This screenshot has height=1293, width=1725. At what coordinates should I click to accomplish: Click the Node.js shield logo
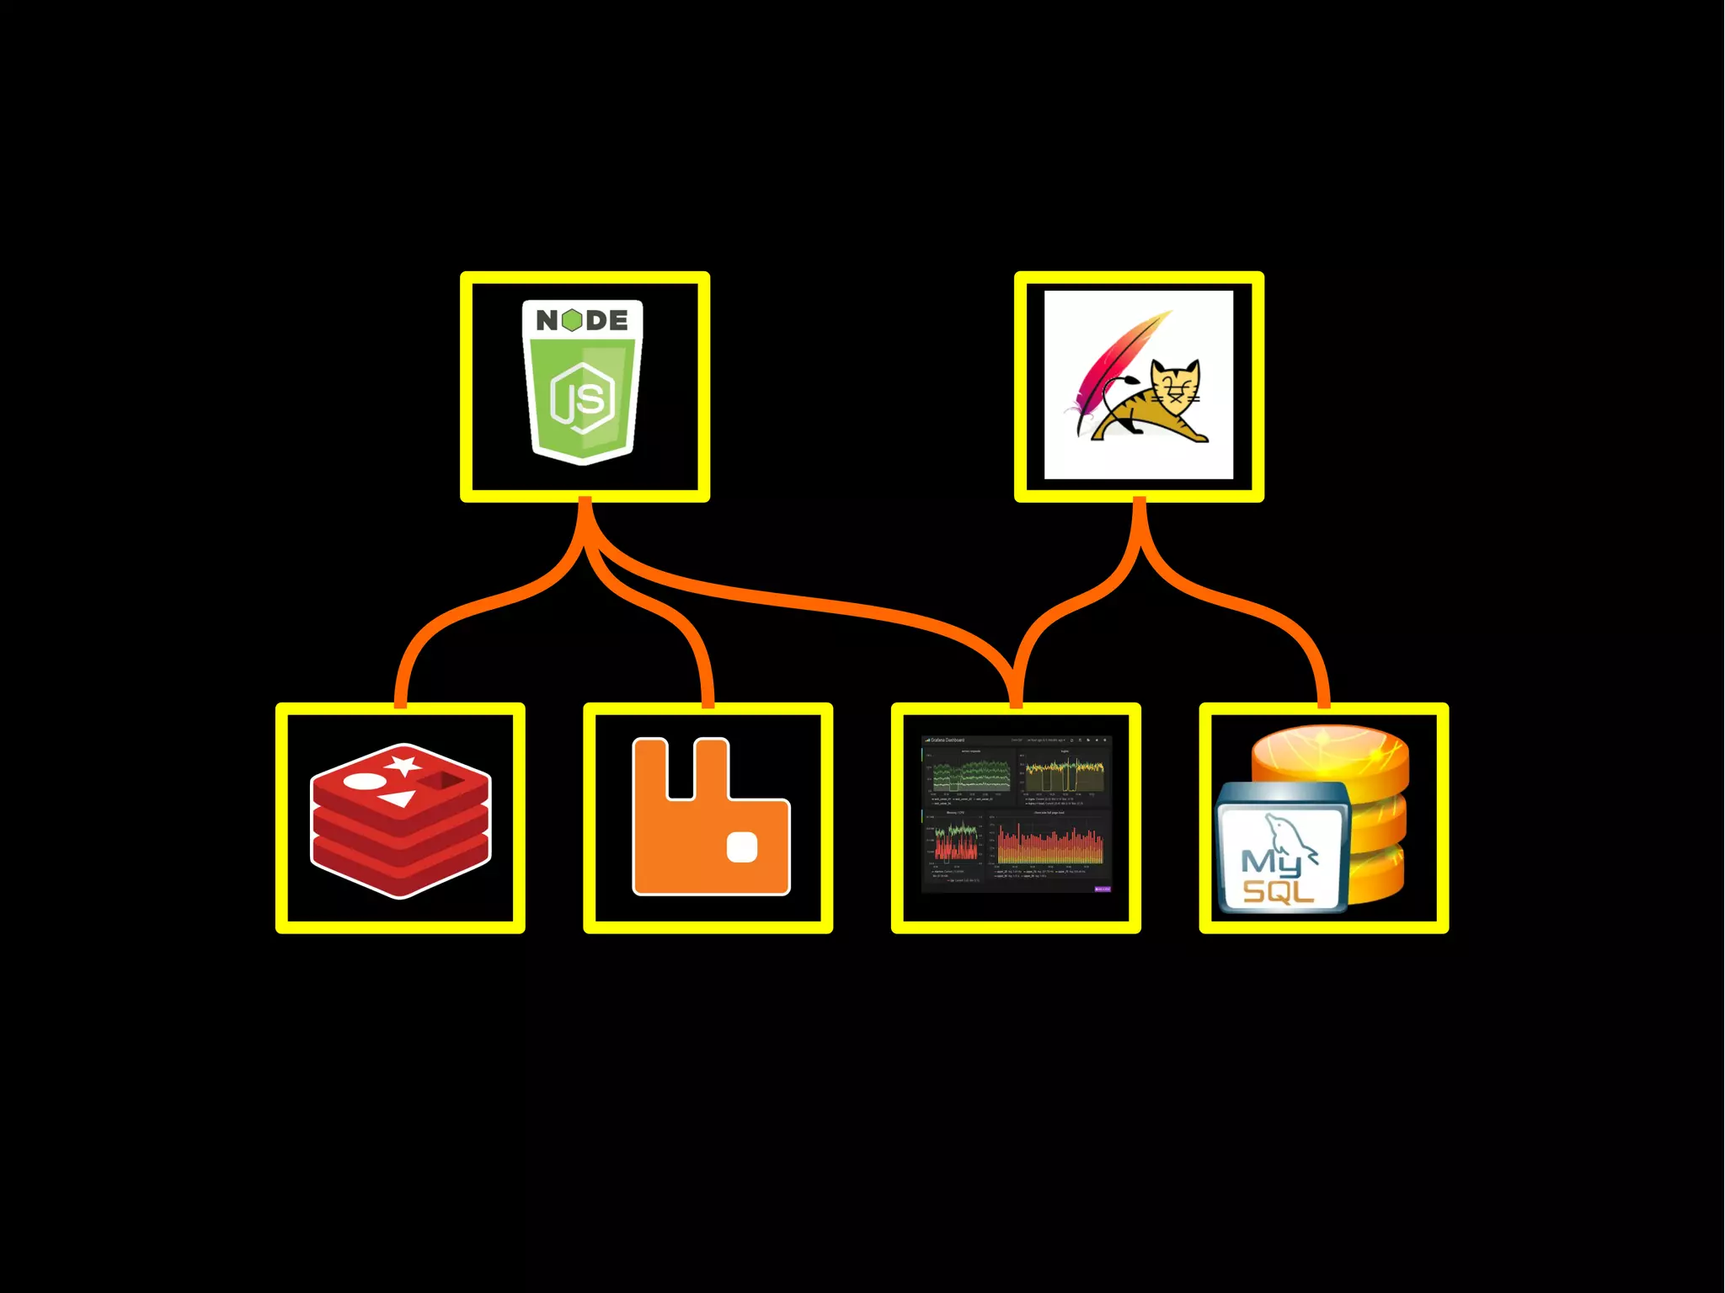583,383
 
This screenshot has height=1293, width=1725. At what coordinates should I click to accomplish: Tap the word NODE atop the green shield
582,320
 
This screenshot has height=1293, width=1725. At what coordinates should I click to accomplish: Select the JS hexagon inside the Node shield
582,398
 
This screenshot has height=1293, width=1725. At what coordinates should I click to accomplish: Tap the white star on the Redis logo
404,765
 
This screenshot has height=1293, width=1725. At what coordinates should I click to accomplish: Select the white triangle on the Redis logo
398,798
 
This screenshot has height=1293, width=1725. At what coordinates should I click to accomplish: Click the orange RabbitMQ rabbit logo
711,817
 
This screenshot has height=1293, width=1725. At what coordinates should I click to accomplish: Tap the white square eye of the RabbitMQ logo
742,847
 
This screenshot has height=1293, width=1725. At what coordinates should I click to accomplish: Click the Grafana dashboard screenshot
1017,815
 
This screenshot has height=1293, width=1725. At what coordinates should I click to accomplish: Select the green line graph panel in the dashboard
970,772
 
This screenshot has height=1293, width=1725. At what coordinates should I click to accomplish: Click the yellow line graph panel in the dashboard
1065,772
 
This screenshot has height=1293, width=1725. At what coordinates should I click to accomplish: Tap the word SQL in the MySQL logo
1278,892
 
